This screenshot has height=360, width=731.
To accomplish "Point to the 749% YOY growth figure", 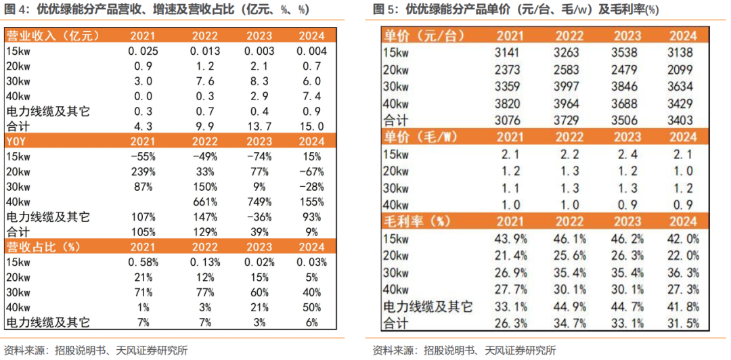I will tap(259, 202).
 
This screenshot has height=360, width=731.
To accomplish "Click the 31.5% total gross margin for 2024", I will tap(683, 323).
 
